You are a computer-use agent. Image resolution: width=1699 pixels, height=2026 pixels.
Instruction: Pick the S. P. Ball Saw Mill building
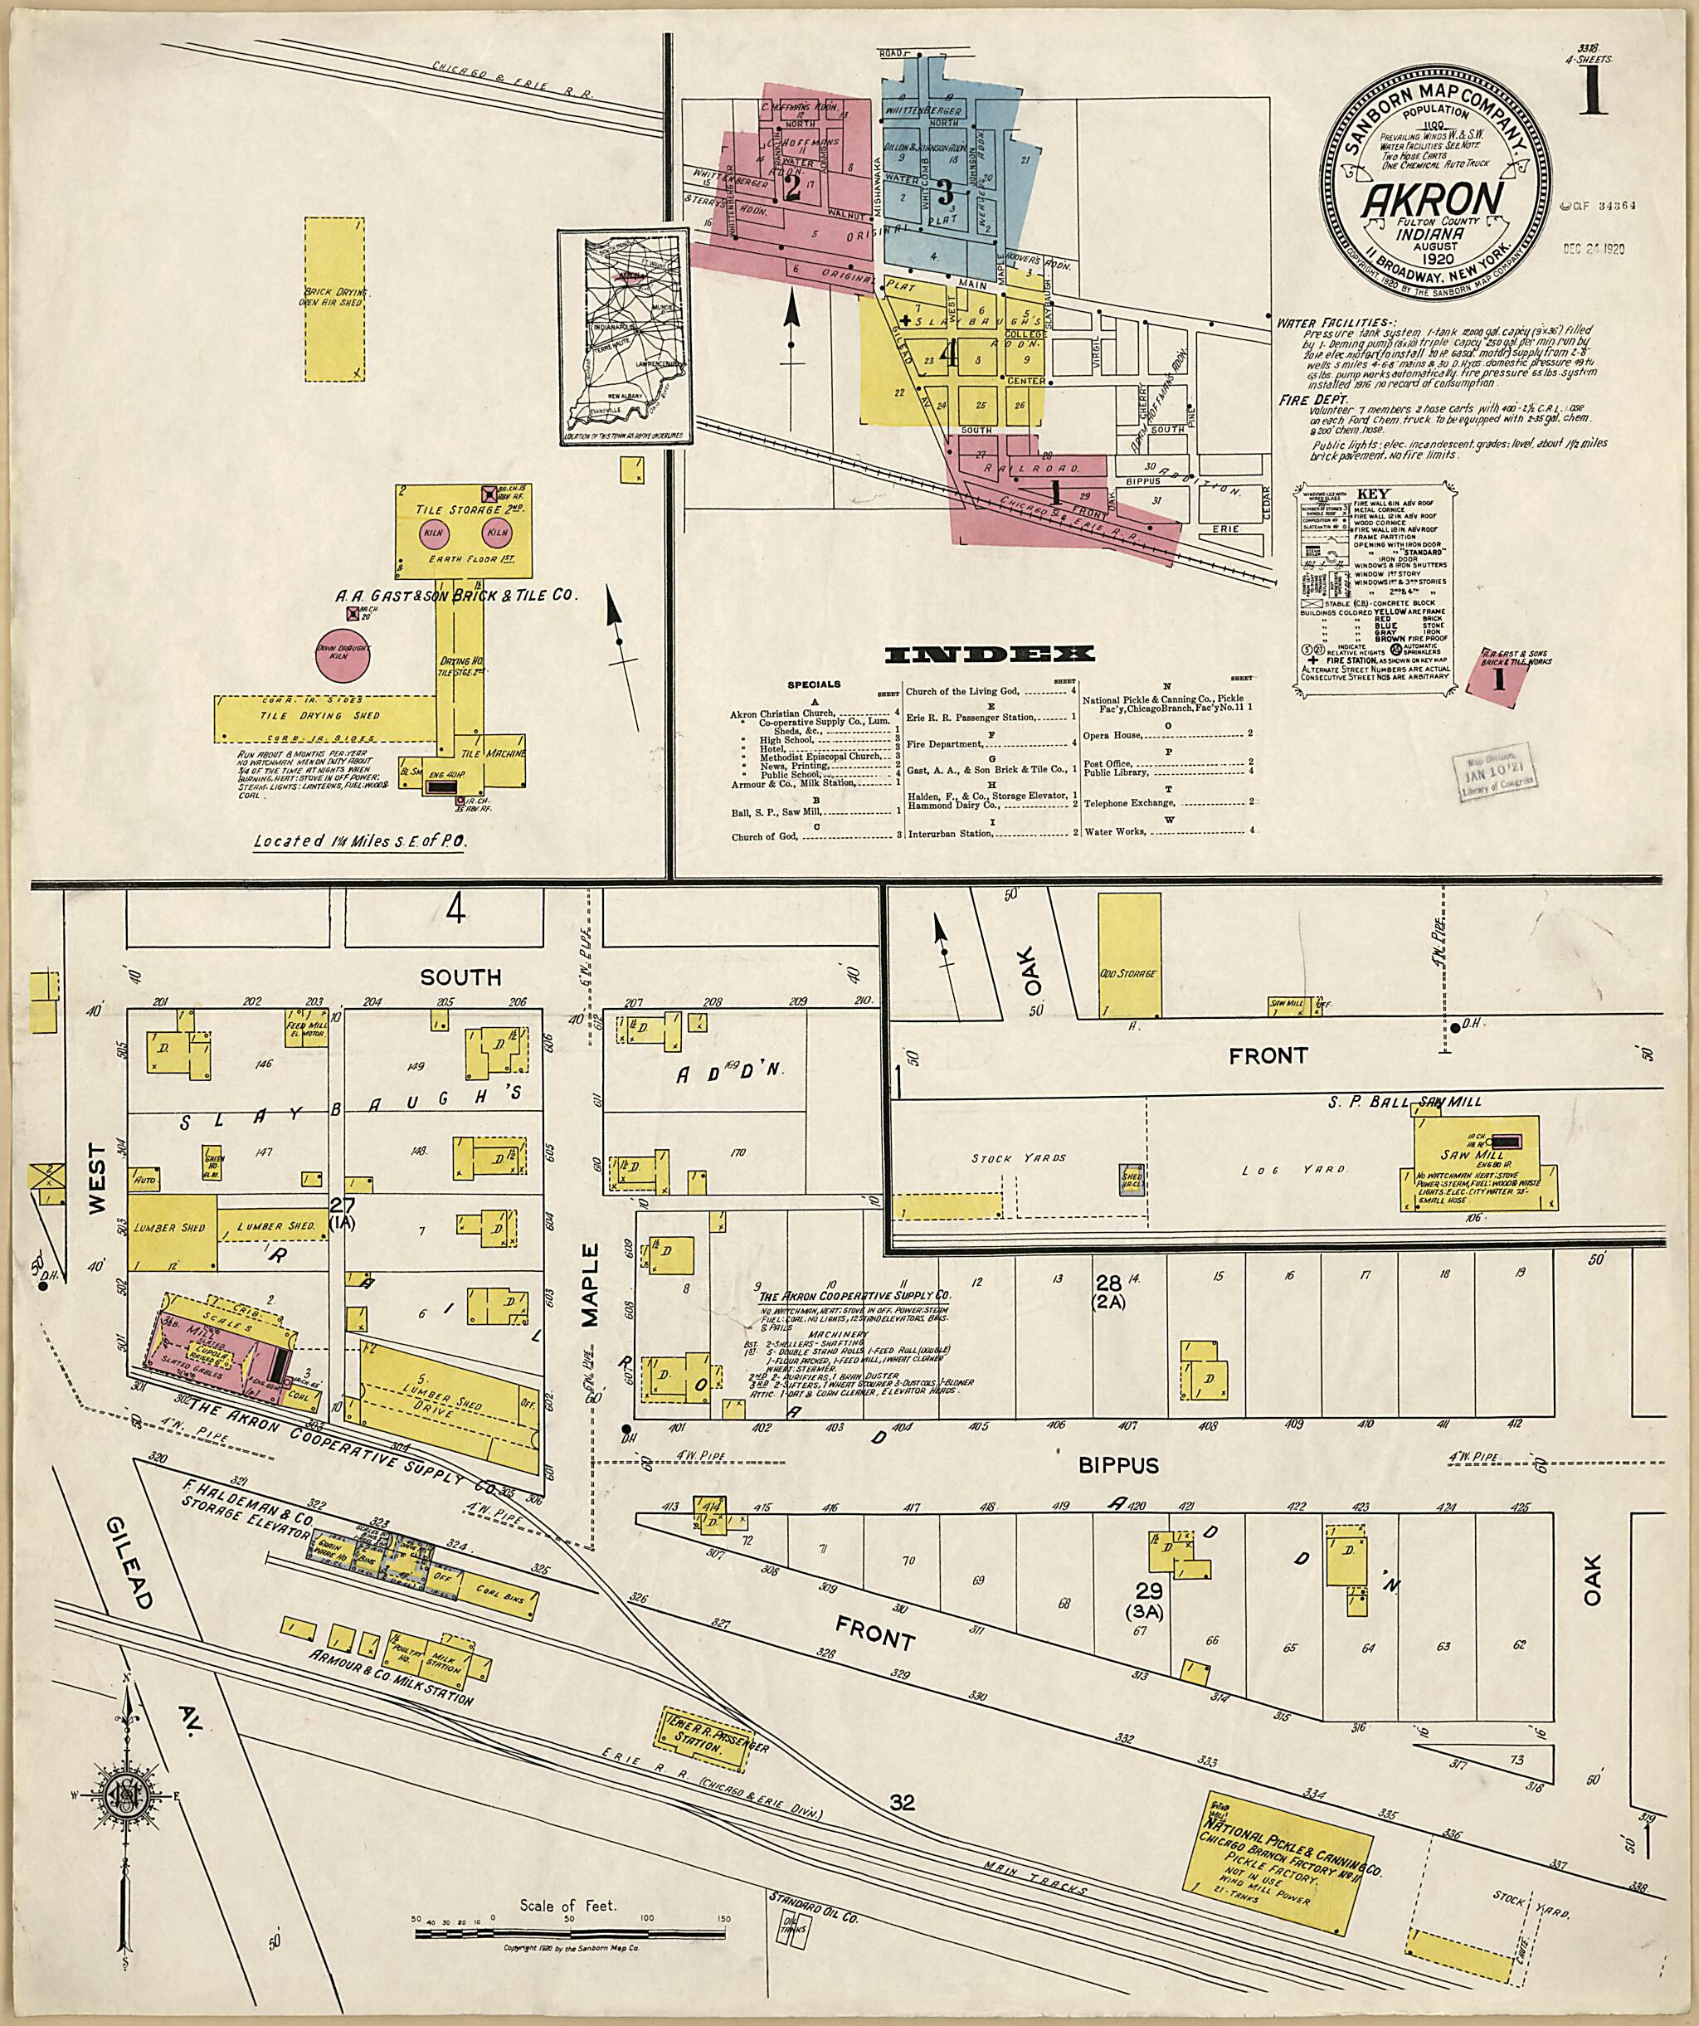[x=1475, y=1165]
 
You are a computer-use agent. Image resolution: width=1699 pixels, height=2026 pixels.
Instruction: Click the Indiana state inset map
[x=623, y=337]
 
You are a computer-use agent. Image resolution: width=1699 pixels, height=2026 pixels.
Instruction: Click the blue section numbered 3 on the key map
[x=947, y=188]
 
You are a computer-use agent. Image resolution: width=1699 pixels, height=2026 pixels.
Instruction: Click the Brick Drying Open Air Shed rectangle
[x=335, y=296]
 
